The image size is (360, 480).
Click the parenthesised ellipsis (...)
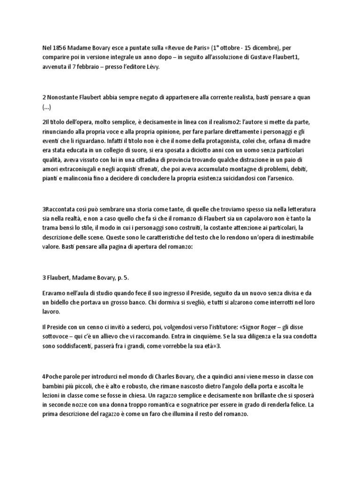pos(46,107)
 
